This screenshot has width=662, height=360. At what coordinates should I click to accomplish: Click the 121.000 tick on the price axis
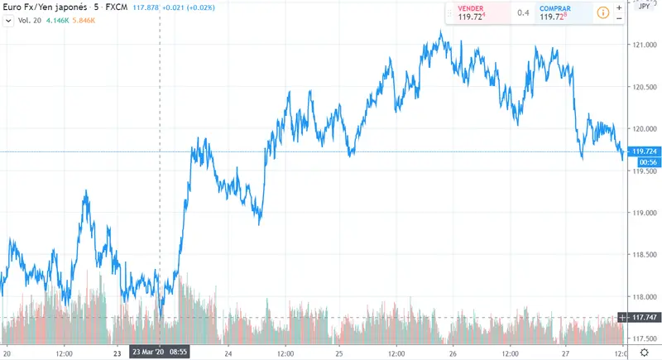coord(643,44)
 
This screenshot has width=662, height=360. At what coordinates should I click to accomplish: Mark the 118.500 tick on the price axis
coord(643,254)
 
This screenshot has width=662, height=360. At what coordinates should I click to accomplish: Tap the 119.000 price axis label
coord(643,213)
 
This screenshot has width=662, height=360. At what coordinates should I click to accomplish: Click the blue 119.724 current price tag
coord(643,151)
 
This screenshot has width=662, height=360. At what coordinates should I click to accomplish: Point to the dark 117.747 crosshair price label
coord(643,318)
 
